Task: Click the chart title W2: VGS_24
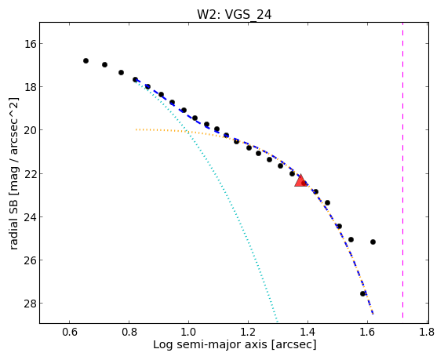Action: coord(235,14)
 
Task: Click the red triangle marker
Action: coord(300,181)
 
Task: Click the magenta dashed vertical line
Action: coord(402,173)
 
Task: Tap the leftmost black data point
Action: coord(86,61)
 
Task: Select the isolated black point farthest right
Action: coord(373,242)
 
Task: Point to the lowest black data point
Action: coord(362,294)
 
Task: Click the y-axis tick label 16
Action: coord(30,44)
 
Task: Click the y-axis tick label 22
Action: coord(30,173)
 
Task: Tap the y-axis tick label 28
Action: coord(30,304)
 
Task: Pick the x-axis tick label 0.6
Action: coord(69,332)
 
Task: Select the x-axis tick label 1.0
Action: coord(188,332)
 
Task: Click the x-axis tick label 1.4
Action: coord(308,332)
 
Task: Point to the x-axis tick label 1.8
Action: coord(427,332)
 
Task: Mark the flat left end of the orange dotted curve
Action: coord(136,129)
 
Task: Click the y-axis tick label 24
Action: coord(30,217)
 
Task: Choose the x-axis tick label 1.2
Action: coord(248,332)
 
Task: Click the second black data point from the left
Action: coord(104,65)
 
